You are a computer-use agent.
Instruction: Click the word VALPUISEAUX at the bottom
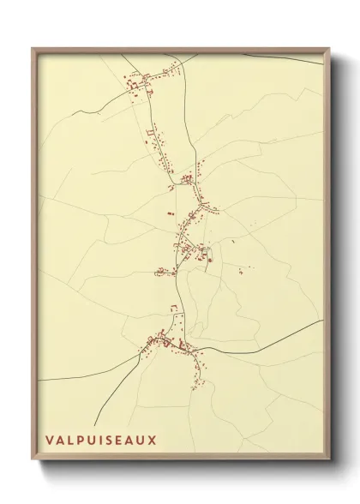(x=101, y=440)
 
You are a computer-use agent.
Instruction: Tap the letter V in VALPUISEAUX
(x=50, y=440)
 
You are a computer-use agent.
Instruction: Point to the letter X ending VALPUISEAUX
(x=153, y=440)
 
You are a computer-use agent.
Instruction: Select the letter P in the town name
(x=81, y=440)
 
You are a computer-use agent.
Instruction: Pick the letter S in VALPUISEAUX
(x=109, y=440)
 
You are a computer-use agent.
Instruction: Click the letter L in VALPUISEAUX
(x=71, y=440)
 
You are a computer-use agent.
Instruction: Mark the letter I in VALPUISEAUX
(x=101, y=440)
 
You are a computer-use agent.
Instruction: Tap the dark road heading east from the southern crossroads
(x=257, y=347)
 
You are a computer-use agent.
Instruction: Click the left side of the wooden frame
(x=34, y=257)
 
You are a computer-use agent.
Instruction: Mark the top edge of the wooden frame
(x=180, y=50)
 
